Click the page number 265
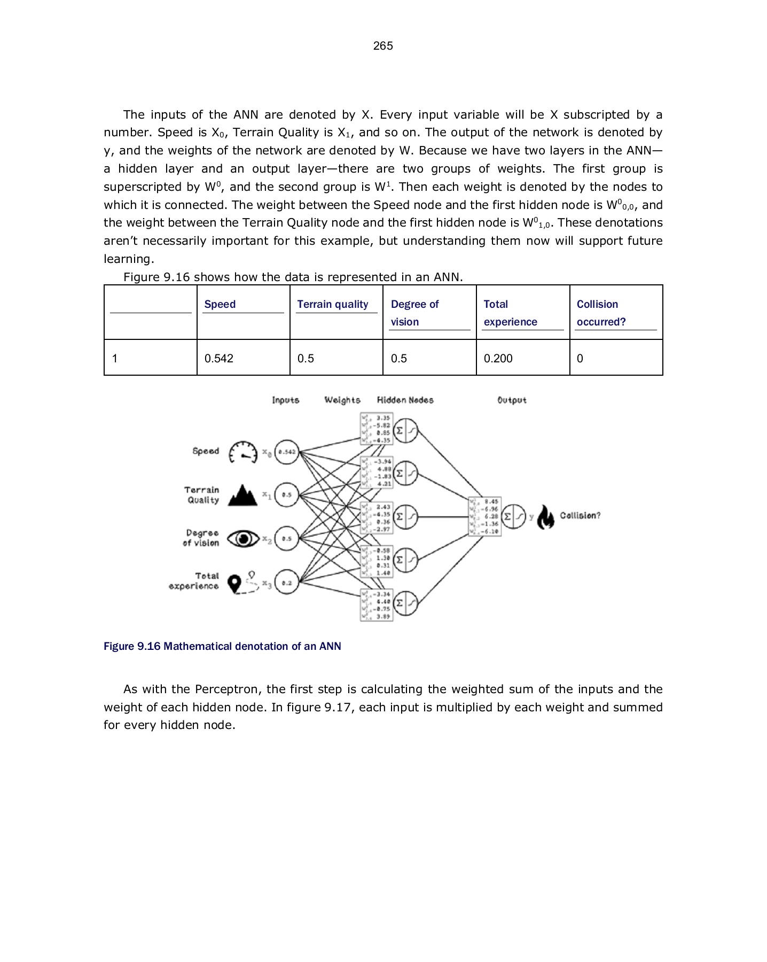pyautogui.click(x=383, y=46)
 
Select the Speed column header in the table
pyautogui.click(x=220, y=304)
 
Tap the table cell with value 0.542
pyautogui.click(x=219, y=358)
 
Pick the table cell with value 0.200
pyautogui.click(x=498, y=358)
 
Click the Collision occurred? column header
pyautogui.click(x=597, y=313)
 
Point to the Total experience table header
pyautogui.click(x=510, y=313)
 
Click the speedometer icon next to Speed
pyautogui.click(x=243, y=452)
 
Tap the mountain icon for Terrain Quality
pyautogui.click(x=243, y=495)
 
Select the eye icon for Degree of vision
pyautogui.click(x=243, y=539)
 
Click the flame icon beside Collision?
pyautogui.click(x=545, y=517)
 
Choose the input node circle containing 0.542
pyautogui.click(x=287, y=452)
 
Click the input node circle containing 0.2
pyautogui.click(x=287, y=583)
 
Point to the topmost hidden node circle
pyautogui.click(x=405, y=430)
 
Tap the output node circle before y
pyautogui.click(x=514, y=517)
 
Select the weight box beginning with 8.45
pyautogui.click(x=484, y=517)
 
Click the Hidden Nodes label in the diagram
pyautogui.click(x=405, y=400)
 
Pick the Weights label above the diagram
pyautogui.click(x=342, y=400)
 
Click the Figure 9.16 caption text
pyautogui.click(x=222, y=646)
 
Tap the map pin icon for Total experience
pyautogui.click(x=234, y=583)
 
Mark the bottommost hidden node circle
pyautogui.click(x=405, y=603)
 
